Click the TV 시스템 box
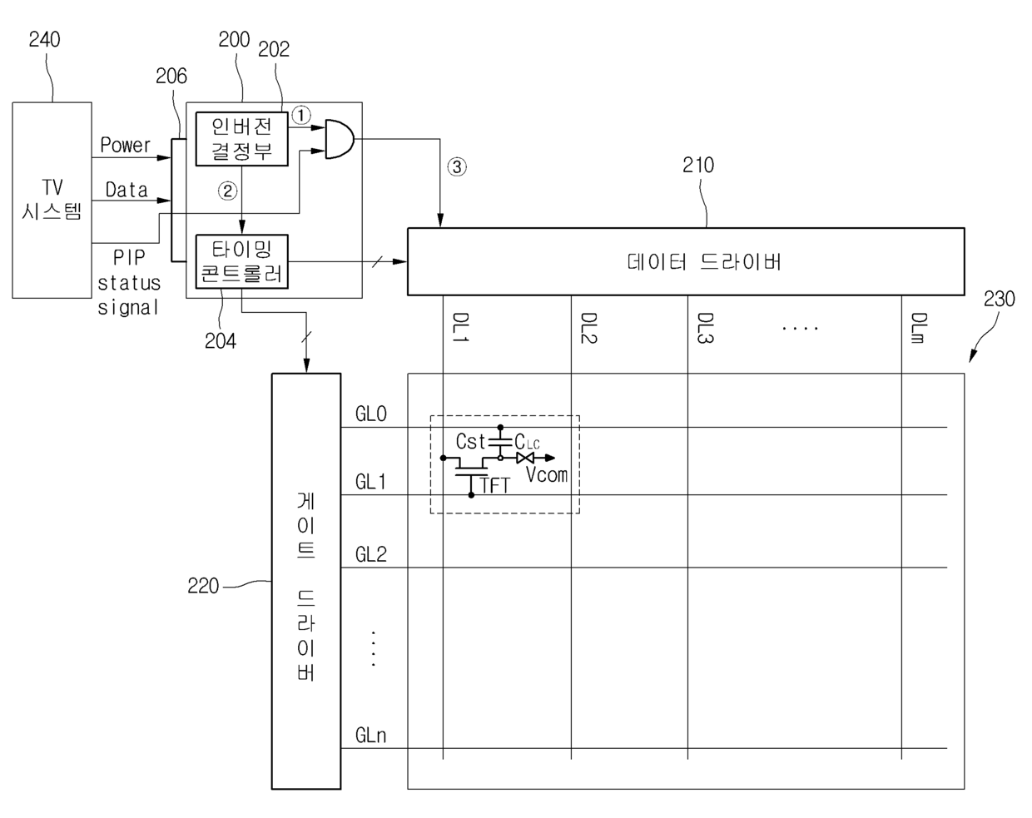click(52, 200)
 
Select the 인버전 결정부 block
click(241, 139)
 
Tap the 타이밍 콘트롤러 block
click(241, 261)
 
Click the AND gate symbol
click(338, 138)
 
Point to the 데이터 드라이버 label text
click(703, 262)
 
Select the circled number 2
click(227, 191)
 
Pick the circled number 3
click(457, 166)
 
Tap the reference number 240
click(44, 39)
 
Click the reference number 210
click(698, 165)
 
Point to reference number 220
click(203, 586)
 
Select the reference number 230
click(999, 299)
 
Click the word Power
click(126, 145)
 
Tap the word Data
click(127, 190)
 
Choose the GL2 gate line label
click(371, 554)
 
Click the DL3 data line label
click(706, 328)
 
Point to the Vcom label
click(547, 475)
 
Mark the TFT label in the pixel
click(495, 485)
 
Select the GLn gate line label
click(370, 736)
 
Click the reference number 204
click(221, 340)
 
